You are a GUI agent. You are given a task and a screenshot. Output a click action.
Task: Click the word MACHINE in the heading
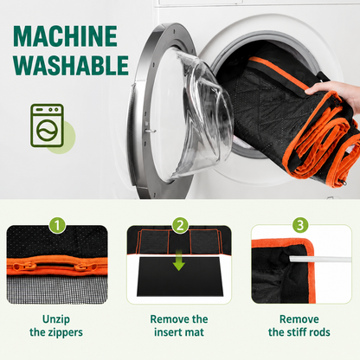coord(65,36)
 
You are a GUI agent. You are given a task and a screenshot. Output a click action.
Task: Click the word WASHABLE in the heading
coord(71,65)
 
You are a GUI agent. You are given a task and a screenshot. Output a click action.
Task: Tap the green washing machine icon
coord(47,125)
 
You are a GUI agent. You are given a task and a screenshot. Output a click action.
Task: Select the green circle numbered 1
coord(57,225)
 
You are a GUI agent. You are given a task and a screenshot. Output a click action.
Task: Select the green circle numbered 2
coord(180,225)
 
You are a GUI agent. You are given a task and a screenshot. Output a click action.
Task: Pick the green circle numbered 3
coord(300,225)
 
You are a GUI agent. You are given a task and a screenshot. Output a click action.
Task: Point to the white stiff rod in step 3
coord(320,259)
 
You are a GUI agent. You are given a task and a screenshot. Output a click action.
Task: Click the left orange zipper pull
coord(24,267)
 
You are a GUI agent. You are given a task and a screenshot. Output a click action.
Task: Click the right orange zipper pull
coord(86,267)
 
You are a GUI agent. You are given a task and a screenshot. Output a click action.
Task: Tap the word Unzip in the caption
coord(56,319)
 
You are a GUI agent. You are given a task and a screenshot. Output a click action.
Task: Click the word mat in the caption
coord(193,332)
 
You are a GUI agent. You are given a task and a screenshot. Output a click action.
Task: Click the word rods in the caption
coord(321,332)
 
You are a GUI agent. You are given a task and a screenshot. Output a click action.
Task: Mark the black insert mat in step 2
coord(179,277)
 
